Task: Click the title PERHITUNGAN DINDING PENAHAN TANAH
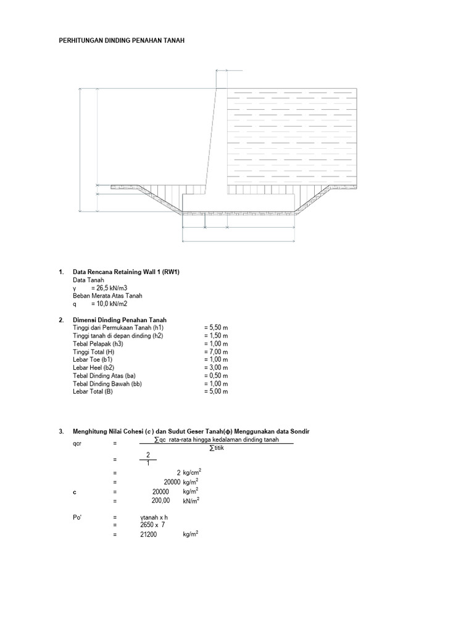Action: coord(122,40)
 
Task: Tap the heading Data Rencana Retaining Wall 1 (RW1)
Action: coord(126,272)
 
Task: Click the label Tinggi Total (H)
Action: coord(94,352)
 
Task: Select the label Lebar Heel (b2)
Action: coord(94,368)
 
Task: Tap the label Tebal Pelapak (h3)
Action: coord(98,344)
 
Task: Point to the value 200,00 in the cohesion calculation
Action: coord(161,501)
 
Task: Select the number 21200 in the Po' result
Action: coord(149,535)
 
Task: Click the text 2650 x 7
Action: coord(152,525)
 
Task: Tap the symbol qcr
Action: coord(77,444)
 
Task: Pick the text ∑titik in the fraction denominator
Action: coord(217,448)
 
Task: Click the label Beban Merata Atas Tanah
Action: coord(107,296)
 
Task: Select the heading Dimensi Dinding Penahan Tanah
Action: coord(120,320)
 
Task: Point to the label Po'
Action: coord(77,518)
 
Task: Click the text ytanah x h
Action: coord(154,518)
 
